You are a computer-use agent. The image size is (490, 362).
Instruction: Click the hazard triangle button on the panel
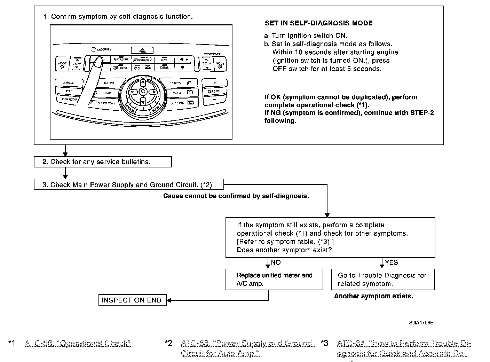click(142, 50)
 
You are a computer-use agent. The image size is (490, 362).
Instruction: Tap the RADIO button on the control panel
click(109, 83)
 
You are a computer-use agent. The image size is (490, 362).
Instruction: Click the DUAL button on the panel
click(165, 67)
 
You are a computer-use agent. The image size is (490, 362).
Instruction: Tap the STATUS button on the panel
click(69, 83)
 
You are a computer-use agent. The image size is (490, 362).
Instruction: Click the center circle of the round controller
click(143, 92)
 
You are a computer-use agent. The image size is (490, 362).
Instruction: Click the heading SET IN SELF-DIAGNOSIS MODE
click(318, 23)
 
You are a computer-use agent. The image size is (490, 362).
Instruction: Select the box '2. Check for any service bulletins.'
click(103, 162)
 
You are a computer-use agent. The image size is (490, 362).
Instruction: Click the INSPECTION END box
click(132, 300)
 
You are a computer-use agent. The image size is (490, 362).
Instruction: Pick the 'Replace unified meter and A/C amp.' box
click(274, 279)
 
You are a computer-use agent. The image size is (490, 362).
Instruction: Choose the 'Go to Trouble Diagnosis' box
click(382, 279)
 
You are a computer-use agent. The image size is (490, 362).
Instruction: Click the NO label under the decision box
click(276, 262)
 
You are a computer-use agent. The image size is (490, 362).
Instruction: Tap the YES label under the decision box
click(392, 262)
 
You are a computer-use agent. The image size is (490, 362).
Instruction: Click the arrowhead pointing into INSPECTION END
click(169, 300)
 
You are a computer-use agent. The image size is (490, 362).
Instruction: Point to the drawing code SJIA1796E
click(421, 323)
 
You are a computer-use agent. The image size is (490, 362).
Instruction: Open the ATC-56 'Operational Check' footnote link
click(78, 344)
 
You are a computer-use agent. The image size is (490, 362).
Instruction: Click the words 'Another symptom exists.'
click(373, 296)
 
